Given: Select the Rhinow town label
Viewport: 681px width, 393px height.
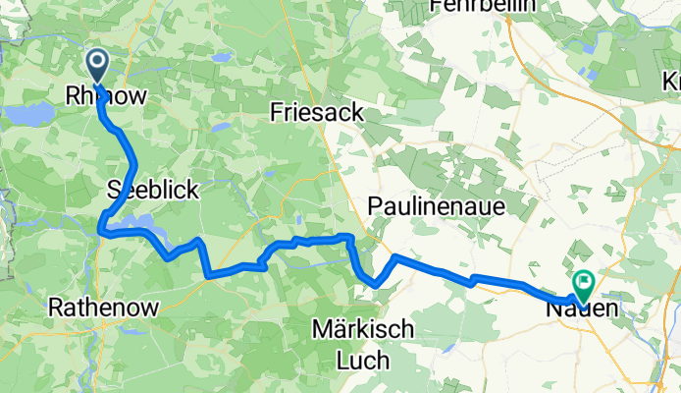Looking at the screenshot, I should click(105, 96).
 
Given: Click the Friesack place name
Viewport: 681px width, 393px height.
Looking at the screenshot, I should click(316, 114).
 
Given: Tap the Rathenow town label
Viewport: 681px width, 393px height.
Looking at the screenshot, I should click(103, 309).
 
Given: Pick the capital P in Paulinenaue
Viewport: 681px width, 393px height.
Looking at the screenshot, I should click(374, 205).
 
